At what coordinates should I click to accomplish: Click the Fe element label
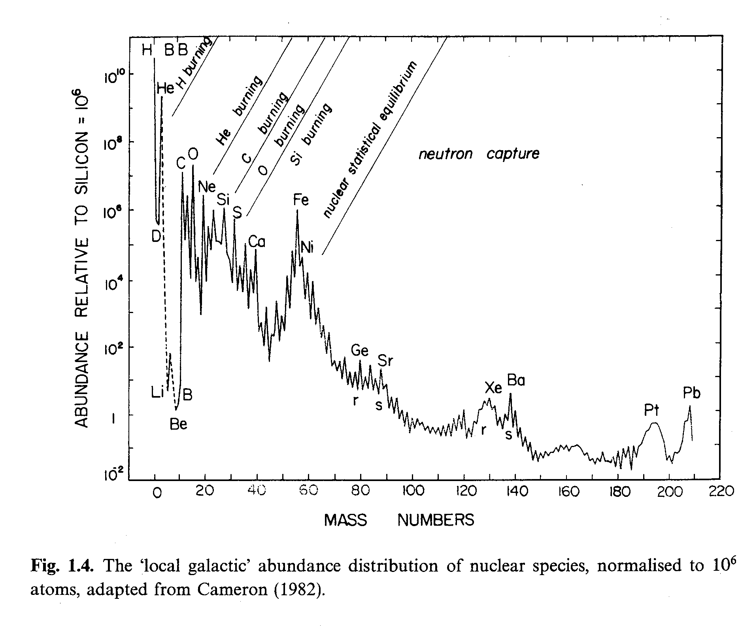tap(301, 200)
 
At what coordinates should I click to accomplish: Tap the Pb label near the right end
tap(691, 393)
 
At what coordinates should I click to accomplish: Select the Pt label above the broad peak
tap(652, 411)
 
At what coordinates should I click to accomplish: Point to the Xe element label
tap(493, 388)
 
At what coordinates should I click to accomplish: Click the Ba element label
tap(516, 381)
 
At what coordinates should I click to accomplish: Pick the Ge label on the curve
tap(360, 350)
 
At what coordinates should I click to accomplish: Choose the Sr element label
tap(385, 360)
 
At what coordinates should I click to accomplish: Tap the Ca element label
tap(257, 242)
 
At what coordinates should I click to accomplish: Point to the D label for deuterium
tap(156, 236)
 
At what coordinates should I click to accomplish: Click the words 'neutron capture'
tap(479, 154)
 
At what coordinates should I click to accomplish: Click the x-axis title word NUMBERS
tap(436, 520)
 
